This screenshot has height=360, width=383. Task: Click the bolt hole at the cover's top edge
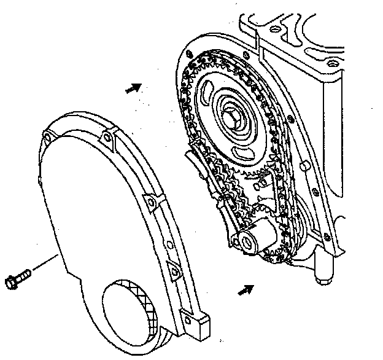click(x=109, y=135)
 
